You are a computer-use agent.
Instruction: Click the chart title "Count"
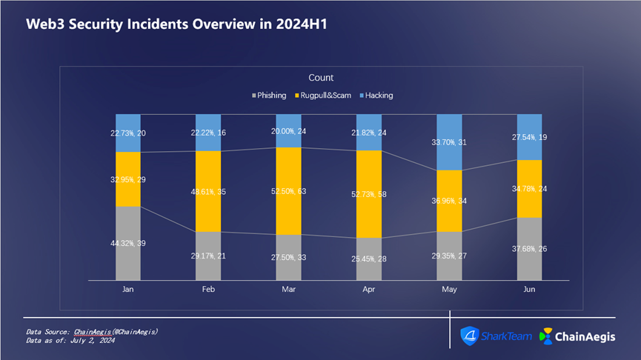321,78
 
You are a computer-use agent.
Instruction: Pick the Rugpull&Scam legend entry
324,96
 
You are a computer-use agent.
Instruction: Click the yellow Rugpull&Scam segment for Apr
369,207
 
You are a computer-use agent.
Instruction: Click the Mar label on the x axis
288,290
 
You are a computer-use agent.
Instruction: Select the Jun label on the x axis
530,290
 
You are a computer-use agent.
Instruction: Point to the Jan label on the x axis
127,290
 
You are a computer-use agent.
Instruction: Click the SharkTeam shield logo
471,336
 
